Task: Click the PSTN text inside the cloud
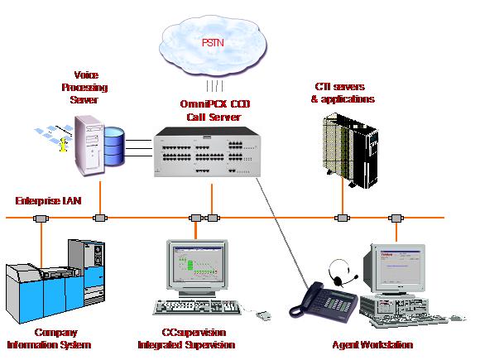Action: point(213,42)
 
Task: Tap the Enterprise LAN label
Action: point(48,201)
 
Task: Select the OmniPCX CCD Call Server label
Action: point(214,110)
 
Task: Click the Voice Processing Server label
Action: point(84,87)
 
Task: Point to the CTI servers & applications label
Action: point(343,93)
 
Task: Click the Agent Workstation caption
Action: point(372,345)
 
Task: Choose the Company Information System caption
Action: point(50,338)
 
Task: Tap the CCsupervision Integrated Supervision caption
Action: point(186,338)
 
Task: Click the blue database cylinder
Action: point(114,146)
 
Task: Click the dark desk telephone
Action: point(323,301)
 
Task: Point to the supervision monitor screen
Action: point(198,264)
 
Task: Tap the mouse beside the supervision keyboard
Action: point(263,315)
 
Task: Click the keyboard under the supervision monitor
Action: point(197,307)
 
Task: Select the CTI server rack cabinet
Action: point(351,150)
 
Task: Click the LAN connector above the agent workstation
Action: point(396,218)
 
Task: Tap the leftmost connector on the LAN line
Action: point(41,218)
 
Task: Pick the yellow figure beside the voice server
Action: point(63,145)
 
